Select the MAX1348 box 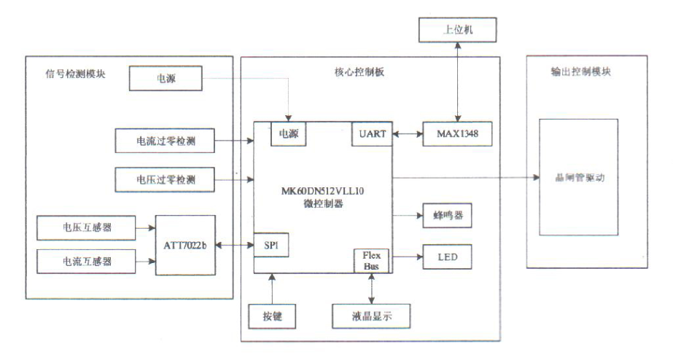457,134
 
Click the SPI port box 271,246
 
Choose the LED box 447,257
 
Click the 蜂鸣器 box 447,216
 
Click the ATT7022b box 186,246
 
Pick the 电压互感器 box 85,228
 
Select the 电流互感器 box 85,259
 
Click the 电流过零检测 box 166,141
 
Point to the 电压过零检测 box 166,178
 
